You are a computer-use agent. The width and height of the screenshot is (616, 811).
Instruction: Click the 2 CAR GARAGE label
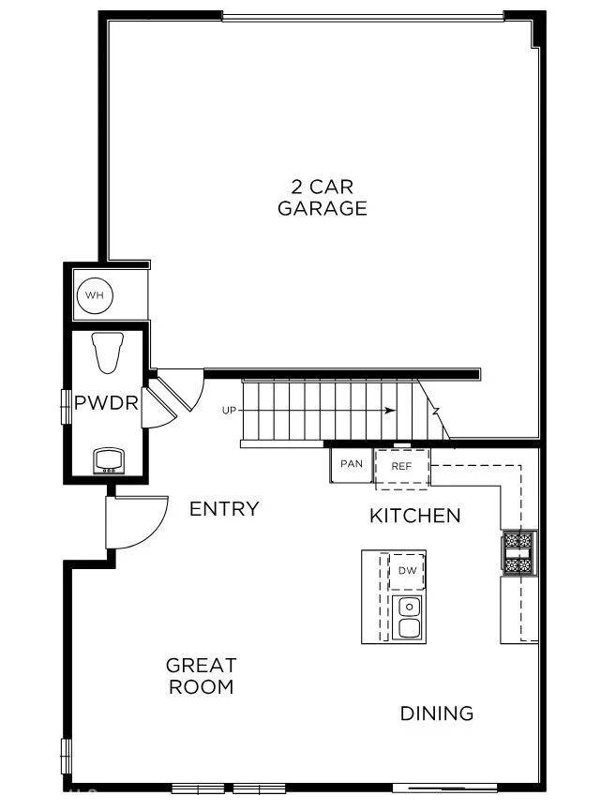coord(322,198)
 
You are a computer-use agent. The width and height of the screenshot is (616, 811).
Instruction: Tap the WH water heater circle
coord(94,296)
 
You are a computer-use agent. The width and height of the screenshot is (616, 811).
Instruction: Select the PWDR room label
coord(107,404)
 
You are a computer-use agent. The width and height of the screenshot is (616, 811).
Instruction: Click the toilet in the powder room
coord(109,353)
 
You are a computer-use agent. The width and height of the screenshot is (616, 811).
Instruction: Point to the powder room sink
coord(109,459)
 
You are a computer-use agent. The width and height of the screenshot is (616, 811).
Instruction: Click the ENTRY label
coord(224,509)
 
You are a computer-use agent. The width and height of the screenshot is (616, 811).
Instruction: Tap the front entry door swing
coord(136,521)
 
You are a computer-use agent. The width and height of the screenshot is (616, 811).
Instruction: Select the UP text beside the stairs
coord(230,411)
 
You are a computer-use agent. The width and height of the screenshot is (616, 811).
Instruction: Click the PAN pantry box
coord(352,464)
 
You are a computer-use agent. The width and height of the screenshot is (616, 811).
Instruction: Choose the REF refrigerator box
coord(402,466)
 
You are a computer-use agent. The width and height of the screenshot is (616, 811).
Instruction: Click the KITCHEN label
coord(414,516)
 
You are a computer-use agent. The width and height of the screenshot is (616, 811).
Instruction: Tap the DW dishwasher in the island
coord(407,570)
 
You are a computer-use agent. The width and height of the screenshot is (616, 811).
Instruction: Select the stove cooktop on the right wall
coord(518,552)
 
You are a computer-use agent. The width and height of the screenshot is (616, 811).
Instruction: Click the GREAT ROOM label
coord(201,676)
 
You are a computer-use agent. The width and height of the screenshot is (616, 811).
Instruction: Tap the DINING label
coord(437,713)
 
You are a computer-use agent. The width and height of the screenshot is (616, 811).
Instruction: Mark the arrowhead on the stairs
coord(389,411)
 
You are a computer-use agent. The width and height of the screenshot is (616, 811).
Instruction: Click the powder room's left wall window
coord(66,406)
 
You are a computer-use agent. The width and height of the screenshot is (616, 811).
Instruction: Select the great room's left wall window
coord(66,756)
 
